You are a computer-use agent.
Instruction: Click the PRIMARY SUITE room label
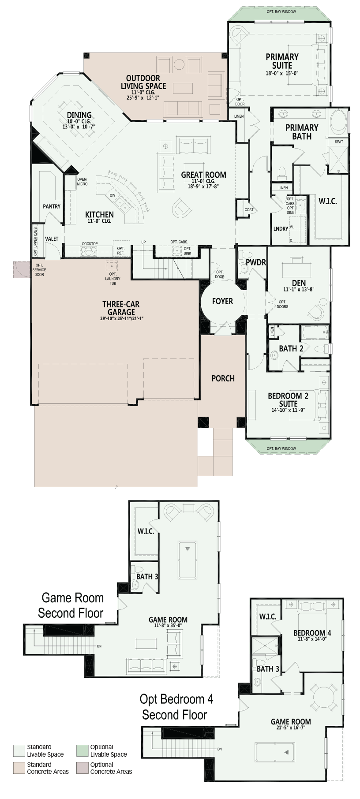(x=282, y=61)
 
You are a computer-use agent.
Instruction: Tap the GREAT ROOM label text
(x=203, y=175)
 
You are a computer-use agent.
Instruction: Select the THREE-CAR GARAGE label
(x=121, y=308)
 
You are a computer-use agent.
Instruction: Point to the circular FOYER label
(x=222, y=301)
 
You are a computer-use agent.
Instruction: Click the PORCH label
(x=223, y=378)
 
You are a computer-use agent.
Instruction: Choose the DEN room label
(x=299, y=283)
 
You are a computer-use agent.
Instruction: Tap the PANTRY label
(x=52, y=206)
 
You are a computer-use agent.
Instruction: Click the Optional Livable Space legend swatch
(x=82, y=751)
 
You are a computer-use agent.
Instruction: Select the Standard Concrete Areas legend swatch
(x=19, y=768)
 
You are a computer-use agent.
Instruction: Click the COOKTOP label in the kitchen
(x=90, y=244)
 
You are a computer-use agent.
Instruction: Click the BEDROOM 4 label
(x=312, y=633)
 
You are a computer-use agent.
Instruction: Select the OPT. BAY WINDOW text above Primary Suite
(x=281, y=12)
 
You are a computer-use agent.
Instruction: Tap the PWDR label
(x=256, y=262)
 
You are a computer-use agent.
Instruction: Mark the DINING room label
(x=79, y=115)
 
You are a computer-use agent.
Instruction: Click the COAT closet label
(x=249, y=209)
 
